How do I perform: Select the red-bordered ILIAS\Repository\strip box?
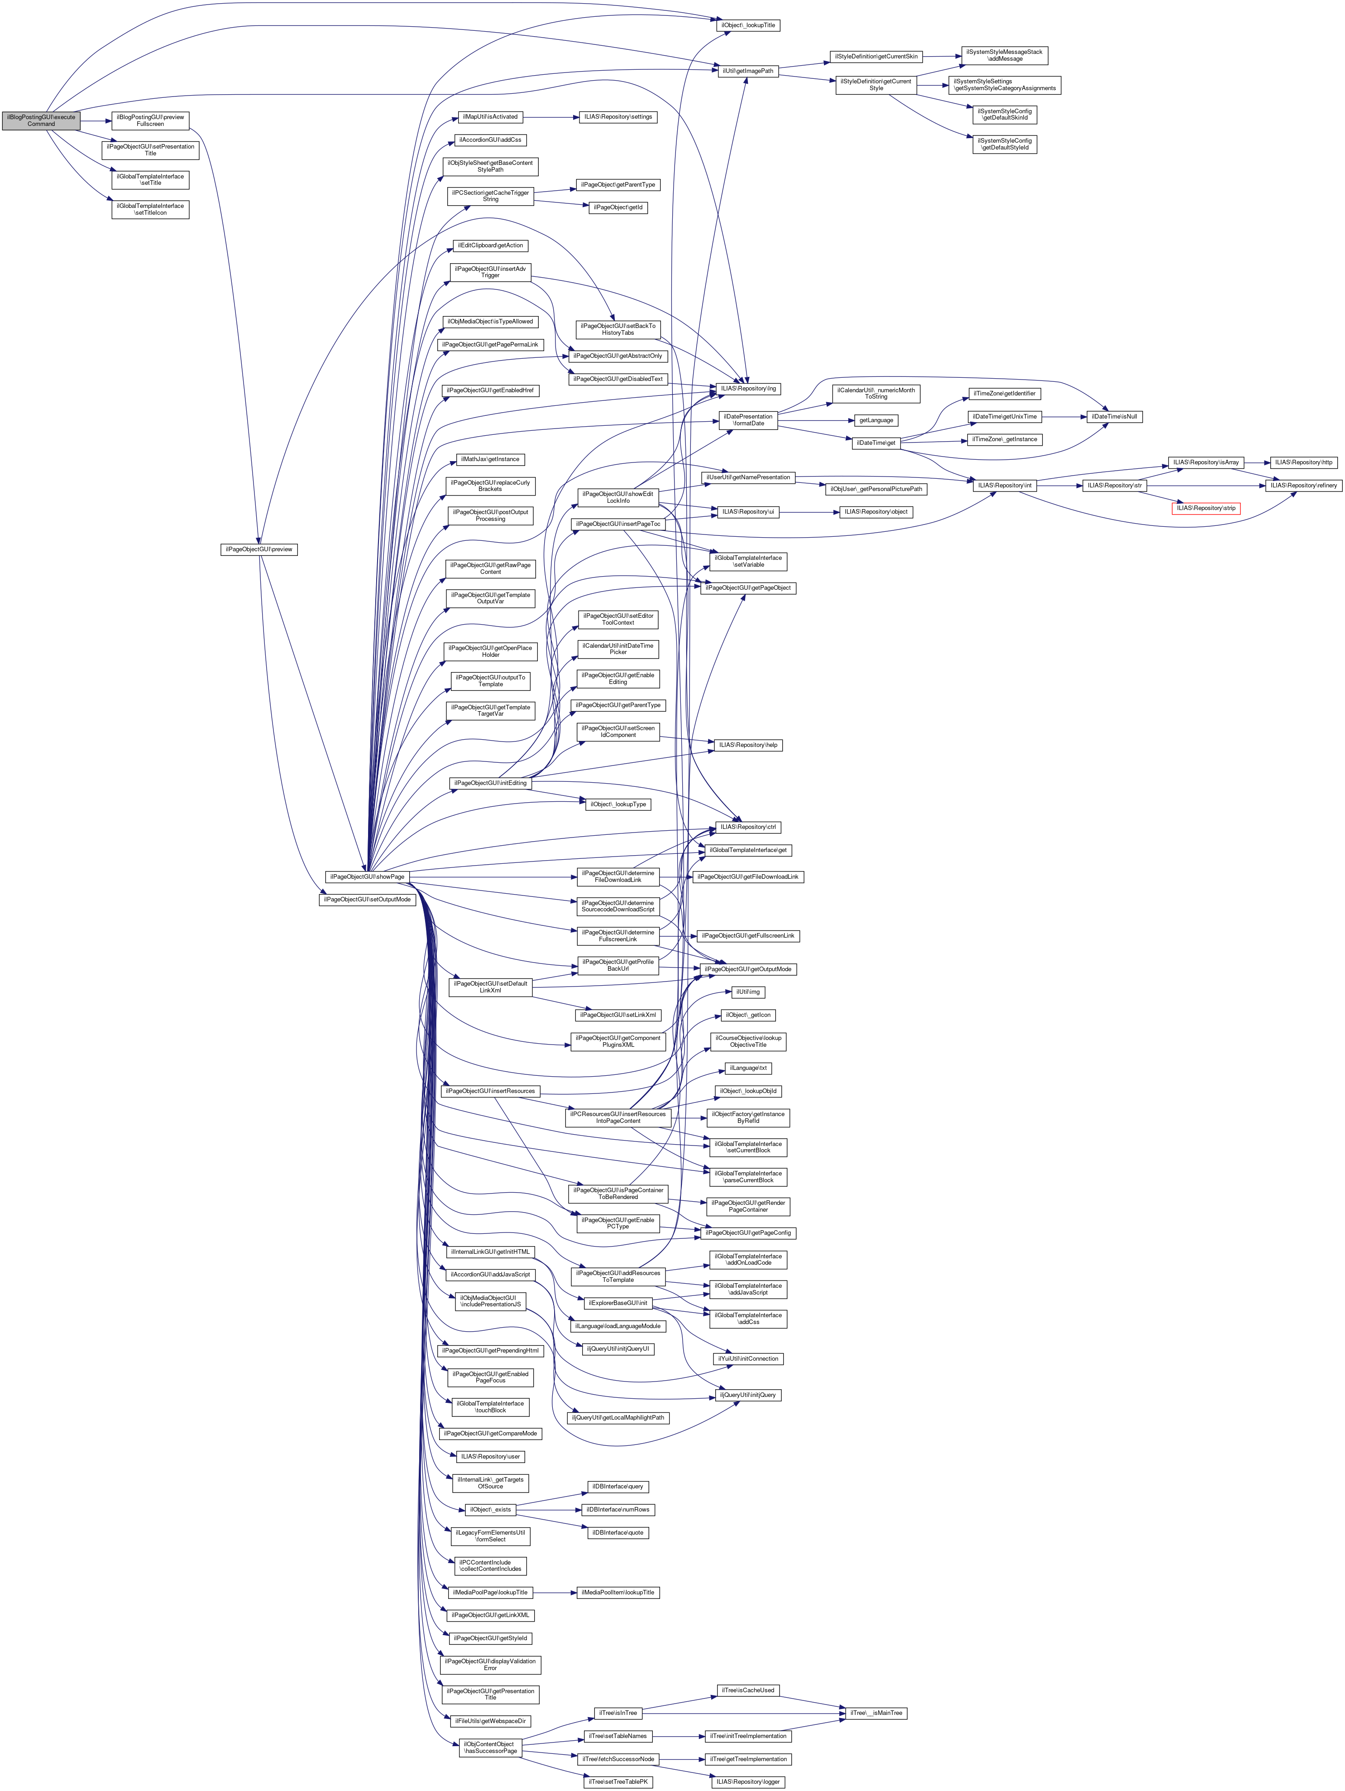coord(1206,509)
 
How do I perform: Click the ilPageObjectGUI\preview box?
coord(259,550)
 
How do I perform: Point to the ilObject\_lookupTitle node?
coord(748,25)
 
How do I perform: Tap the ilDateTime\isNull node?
coord(1114,417)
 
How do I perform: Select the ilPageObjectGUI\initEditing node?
coord(490,783)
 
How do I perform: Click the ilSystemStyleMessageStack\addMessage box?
coord(1004,55)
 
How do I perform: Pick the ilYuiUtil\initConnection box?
coord(748,1358)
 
